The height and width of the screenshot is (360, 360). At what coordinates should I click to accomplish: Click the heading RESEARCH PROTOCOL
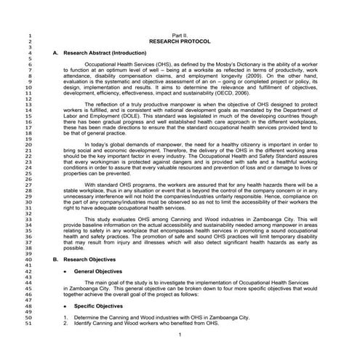coord(179,41)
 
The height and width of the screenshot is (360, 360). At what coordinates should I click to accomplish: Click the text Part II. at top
coord(179,35)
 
